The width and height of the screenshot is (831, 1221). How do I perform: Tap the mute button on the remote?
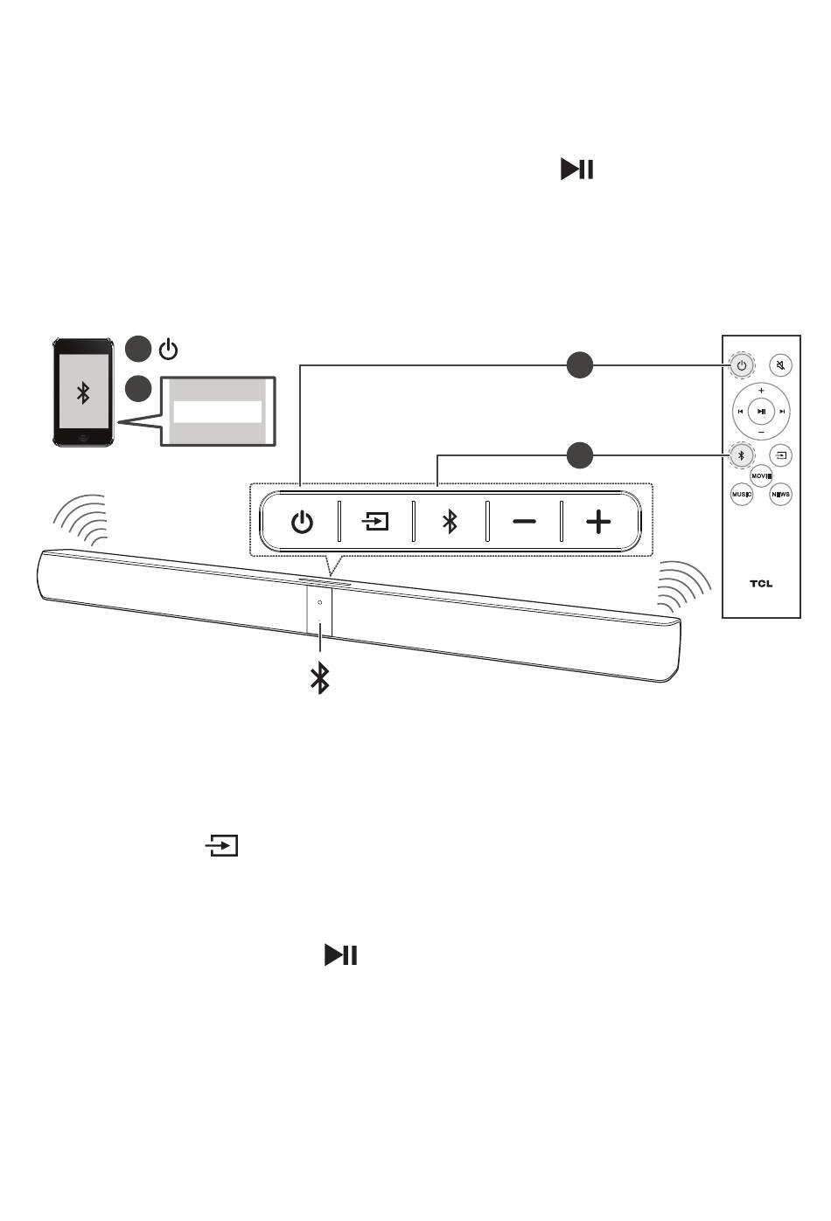[x=780, y=364]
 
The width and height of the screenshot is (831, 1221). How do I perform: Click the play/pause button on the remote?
[x=761, y=411]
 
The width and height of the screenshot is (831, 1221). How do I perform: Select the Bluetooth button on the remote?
[x=741, y=454]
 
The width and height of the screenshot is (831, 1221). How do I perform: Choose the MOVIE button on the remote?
[x=761, y=475]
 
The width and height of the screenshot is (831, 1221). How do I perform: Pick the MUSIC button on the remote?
[x=742, y=495]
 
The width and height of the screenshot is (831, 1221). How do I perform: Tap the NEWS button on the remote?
[x=780, y=495]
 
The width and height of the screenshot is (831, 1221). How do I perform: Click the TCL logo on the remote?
[x=761, y=583]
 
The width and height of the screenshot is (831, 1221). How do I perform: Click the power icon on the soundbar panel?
[x=302, y=523]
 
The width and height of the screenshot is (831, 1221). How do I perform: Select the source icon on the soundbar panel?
[x=375, y=523]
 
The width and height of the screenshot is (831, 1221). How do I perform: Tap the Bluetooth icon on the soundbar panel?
[x=450, y=523]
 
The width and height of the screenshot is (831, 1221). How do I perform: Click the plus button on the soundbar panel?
[x=598, y=523]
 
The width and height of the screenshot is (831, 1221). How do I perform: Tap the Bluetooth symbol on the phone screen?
[x=83, y=393]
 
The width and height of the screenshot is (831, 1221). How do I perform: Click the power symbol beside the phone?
[x=168, y=350]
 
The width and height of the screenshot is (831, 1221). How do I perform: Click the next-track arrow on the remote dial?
[x=783, y=411]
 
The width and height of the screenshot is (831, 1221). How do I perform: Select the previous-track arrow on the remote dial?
[x=740, y=411]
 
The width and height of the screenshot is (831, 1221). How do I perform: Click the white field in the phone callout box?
[x=217, y=412]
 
